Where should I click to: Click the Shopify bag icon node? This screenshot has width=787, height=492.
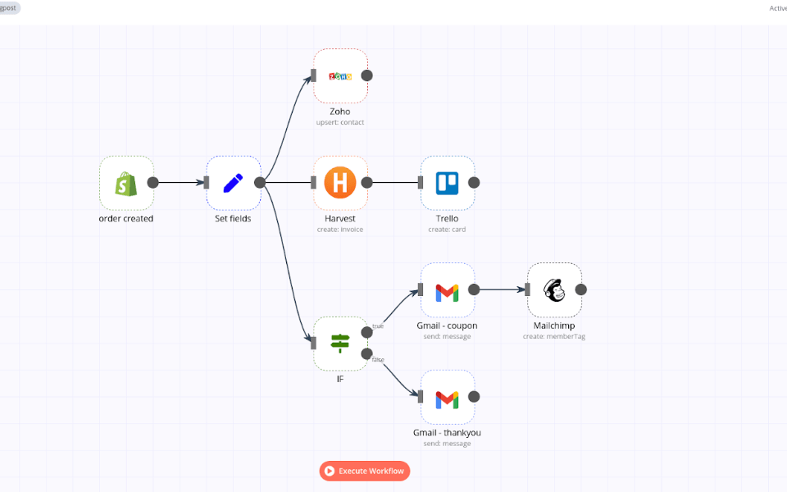point(125,183)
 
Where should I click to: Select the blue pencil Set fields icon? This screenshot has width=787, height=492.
point(233,183)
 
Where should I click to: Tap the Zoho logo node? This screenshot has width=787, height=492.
point(340,75)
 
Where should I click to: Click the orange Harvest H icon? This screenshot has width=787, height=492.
point(339,183)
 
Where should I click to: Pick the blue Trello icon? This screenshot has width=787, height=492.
point(447,183)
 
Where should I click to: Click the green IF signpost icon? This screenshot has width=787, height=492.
point(340,343)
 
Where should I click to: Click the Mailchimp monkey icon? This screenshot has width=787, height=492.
point(554,290)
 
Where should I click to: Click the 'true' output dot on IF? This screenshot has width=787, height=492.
point(367,333)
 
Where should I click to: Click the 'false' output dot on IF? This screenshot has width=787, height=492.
point(367,353)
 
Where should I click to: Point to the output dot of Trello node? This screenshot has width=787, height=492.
point(474,183)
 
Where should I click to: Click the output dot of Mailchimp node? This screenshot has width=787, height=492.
point(581,289)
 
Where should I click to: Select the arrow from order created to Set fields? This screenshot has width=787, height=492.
point(180,183)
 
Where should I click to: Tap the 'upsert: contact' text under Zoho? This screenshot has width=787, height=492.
point(340,122)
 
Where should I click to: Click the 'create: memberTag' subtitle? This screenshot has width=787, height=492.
point(554,336)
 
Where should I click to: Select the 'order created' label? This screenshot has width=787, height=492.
point(125,219)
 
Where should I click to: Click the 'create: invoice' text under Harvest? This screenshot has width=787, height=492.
point(340,230)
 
